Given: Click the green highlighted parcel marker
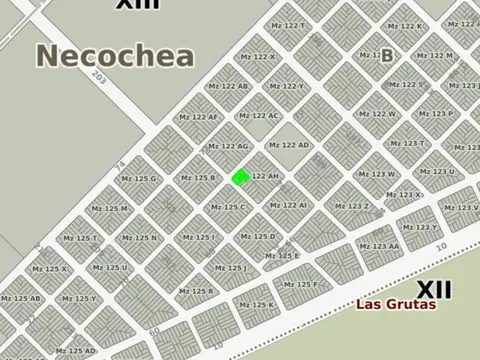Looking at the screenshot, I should click(240, 178).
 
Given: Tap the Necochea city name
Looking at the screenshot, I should click(115, 56).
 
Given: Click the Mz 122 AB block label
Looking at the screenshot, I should click(228, 86).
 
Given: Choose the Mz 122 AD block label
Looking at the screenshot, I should click(289, 145).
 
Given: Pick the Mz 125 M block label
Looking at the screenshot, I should click(109, 209).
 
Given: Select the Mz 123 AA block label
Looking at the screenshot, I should click(379, 246).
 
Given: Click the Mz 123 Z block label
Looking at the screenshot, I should click(351, 207).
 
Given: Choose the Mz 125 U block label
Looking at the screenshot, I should click(109, 268).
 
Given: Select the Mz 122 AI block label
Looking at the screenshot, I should click(288, 206).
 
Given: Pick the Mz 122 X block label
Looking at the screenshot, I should click(258, 56).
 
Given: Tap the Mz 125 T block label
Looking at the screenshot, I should click(80, 239).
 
